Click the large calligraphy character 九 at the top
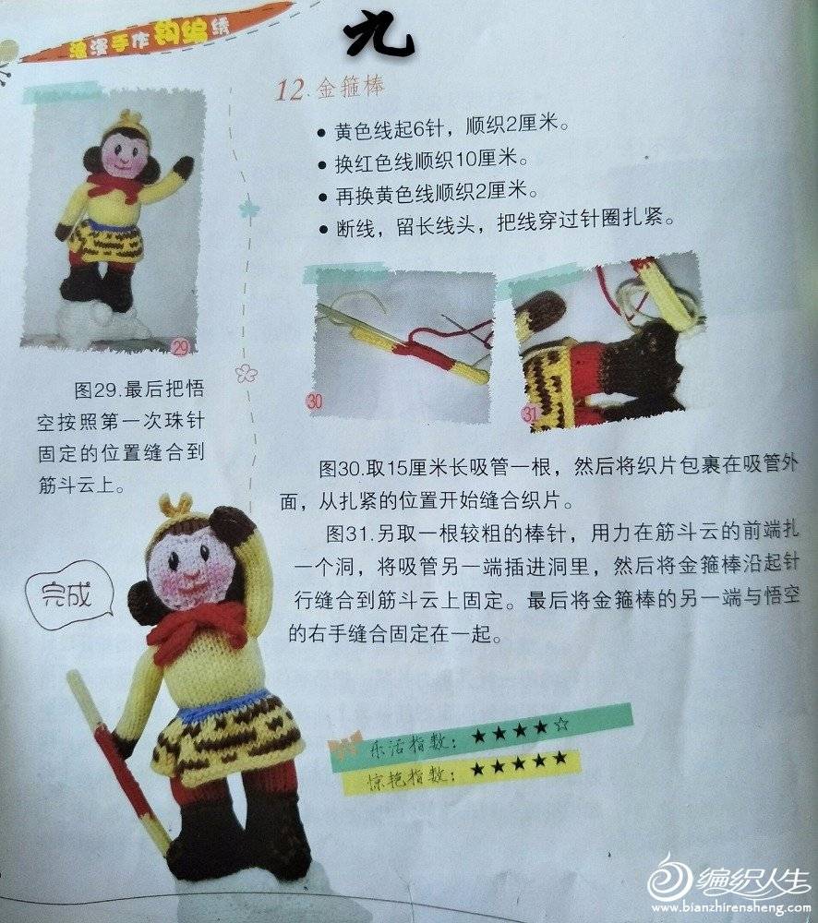pyautogui.click(x=379, y=37)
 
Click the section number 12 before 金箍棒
pyautogui.click(x=289, y=90)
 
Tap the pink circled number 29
pyautogui.click(x=180, y=347)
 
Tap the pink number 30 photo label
pyautogui.click(x=315, y=402)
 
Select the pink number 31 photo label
pyautogui.click(x=529, y=414)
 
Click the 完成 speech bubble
pyautogui.click(x=69, y=594)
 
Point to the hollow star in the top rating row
pyautogui.click(x=561, y=724)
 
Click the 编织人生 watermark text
pyautogui.click(x=753, y=882)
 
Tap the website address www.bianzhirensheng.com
pyautogui.click(x=730, y=907)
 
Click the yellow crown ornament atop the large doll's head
pyautogui.click(x=176, y=505)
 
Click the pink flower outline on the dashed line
pyautogui.click(x=247, y=372)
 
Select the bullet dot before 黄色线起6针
pyautogui.click(x=321, y=133)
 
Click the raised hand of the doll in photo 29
pyautogui.click(x=185, y=165)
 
